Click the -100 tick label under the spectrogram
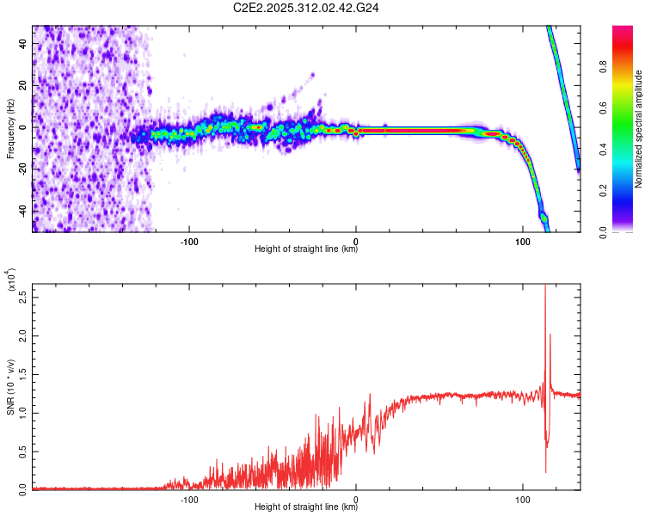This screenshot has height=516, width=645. click(x=190, y=241)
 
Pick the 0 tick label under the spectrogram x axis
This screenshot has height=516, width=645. click(x=357, y=241)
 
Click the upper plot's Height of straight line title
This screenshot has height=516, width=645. click(x=306, y=250)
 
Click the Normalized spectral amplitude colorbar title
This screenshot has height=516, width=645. click(x=640, y=129)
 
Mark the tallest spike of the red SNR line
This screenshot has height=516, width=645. click(x=545, y=286)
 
